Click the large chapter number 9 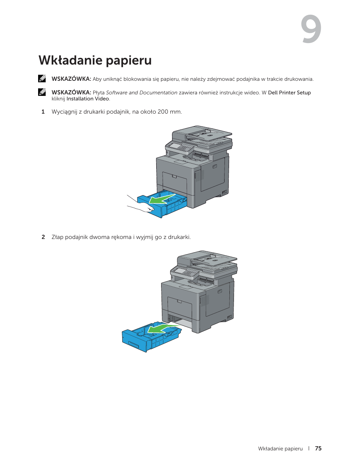pos(311,29)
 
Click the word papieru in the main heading pos(129,60)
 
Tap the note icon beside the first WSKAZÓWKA pos(42,79)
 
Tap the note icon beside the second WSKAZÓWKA pos(42,92)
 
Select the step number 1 pos(43,112)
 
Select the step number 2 pos(43,237)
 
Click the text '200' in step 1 pos(163,112)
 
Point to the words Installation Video pos(88,99)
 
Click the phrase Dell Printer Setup pos(289,92)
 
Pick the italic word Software pos(117,92)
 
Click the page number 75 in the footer pos(318,449)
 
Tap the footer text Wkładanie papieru pos(280,449)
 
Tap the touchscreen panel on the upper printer pos(175,145)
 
